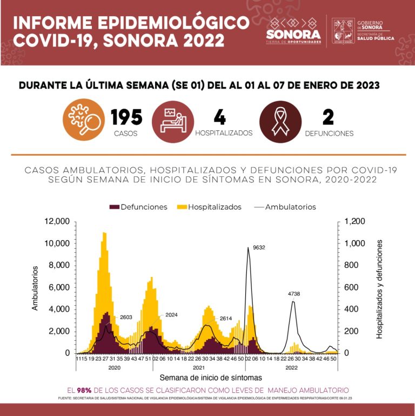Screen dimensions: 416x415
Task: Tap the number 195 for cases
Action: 126,117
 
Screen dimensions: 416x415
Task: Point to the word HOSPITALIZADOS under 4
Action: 224,133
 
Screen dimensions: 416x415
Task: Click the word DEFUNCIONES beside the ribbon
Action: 329,133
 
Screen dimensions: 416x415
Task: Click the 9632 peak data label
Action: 259,248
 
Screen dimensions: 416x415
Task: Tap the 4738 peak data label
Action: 294,294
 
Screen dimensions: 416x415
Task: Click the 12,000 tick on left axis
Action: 58,221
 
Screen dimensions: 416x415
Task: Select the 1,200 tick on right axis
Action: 355,221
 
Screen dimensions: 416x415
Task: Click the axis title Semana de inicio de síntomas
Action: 210,377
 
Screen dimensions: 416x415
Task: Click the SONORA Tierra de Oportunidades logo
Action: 293,31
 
